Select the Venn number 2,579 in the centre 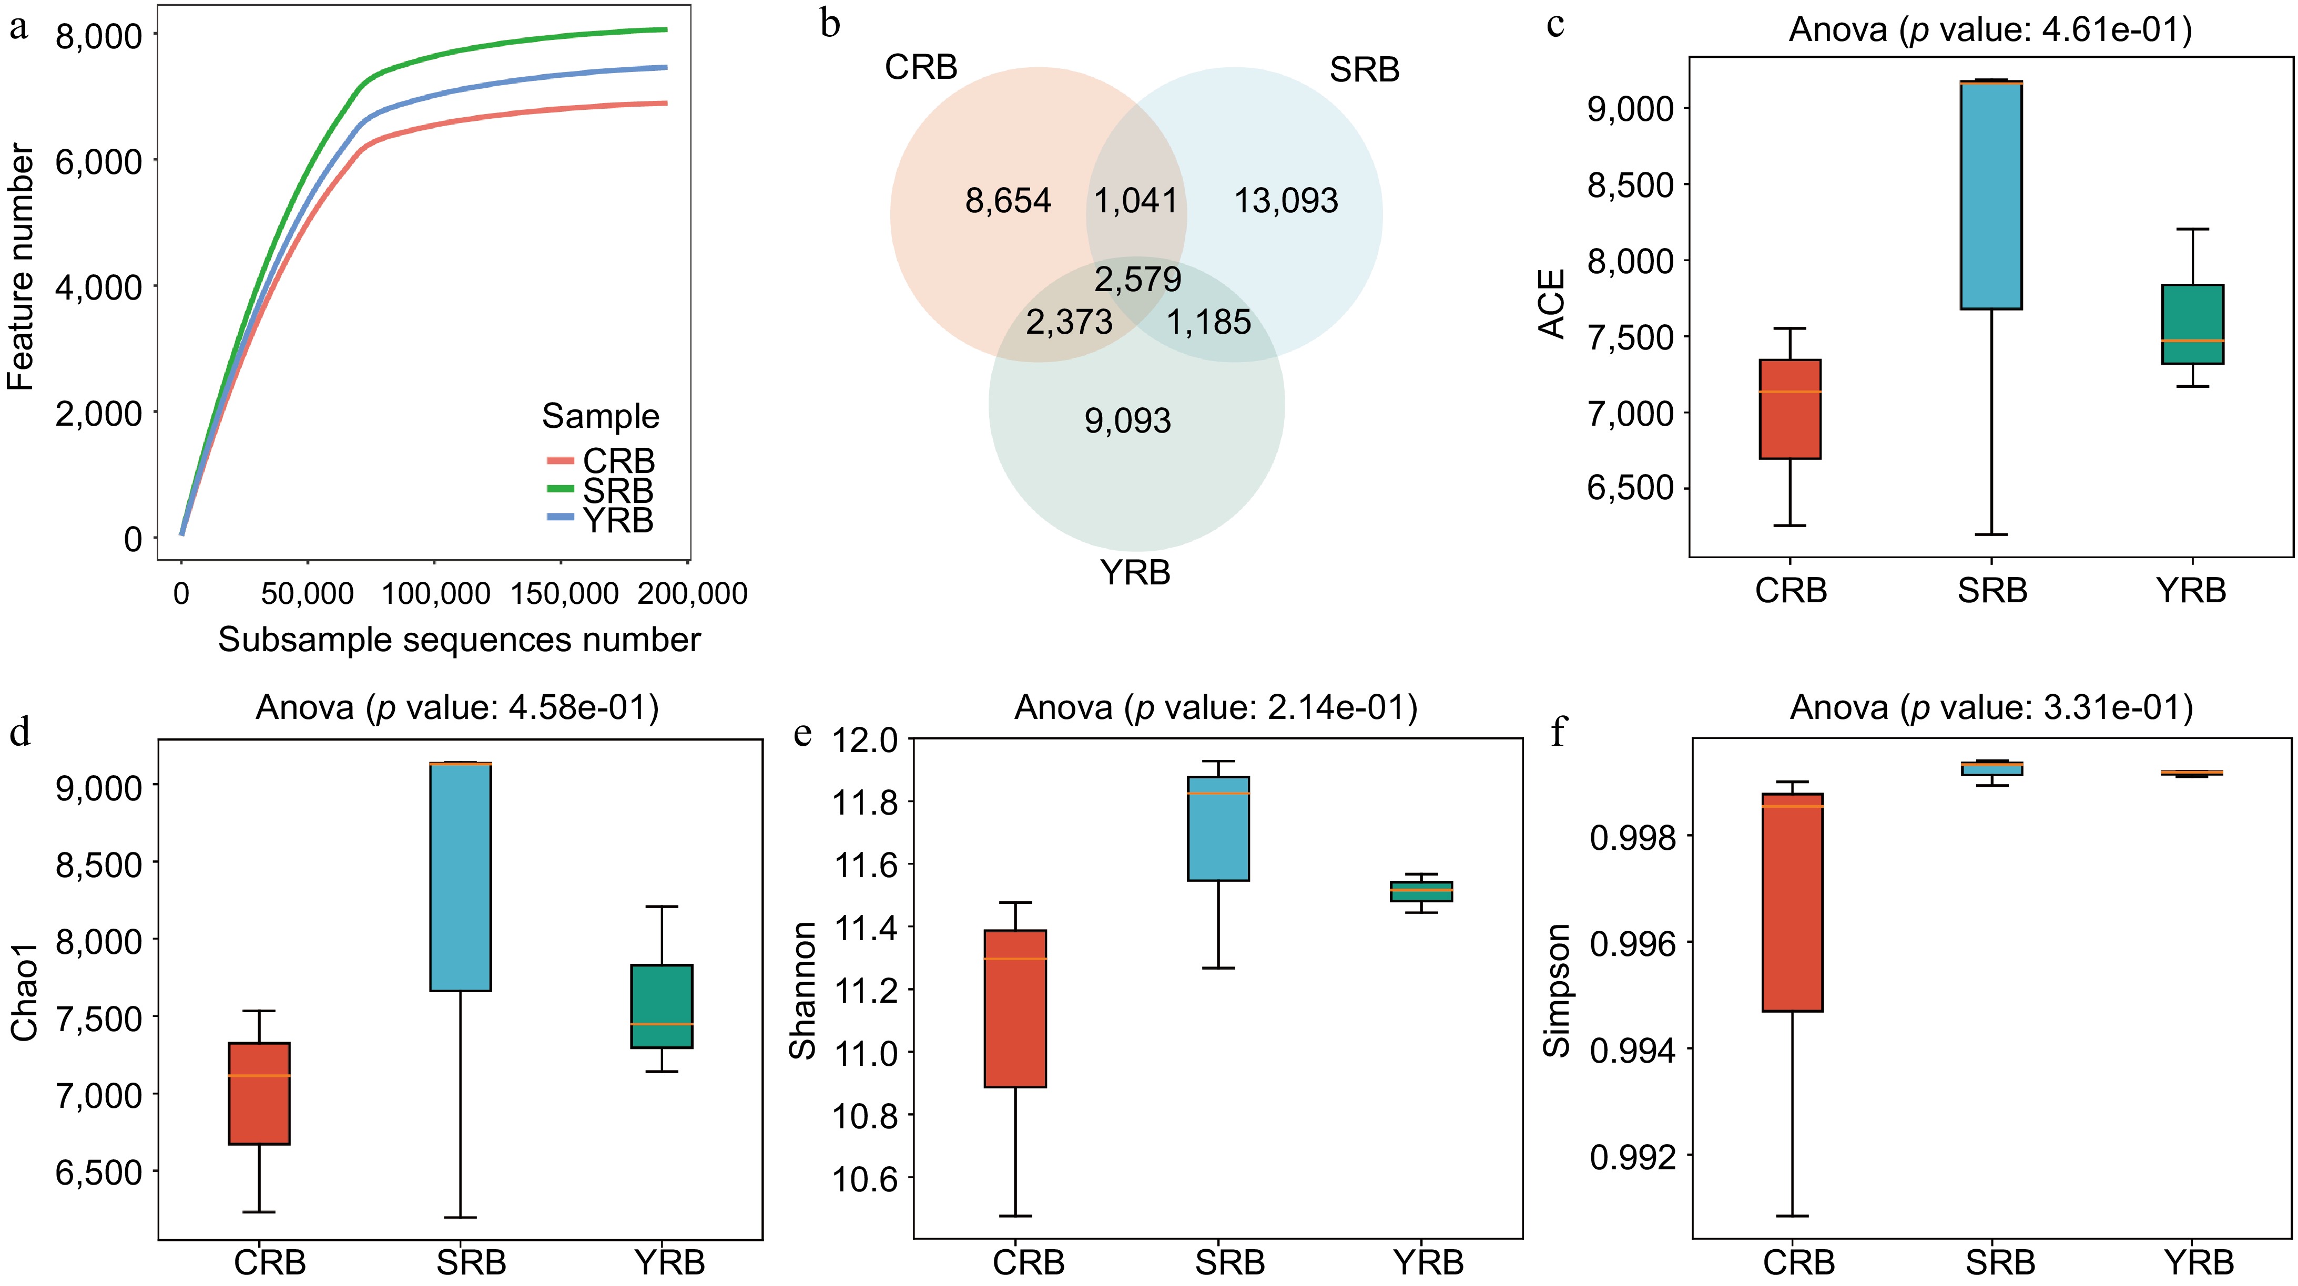coord(1137,280)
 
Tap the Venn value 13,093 coord(1286,202)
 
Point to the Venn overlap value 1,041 coord(1136,202)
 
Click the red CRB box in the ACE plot coord(1789,409)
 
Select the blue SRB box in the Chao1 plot coord(460,877)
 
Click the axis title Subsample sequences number coord(460,640)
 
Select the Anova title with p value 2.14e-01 coord(1215,708)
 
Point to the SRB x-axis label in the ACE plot coord(1992,590)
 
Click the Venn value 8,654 coord(1008,202)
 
